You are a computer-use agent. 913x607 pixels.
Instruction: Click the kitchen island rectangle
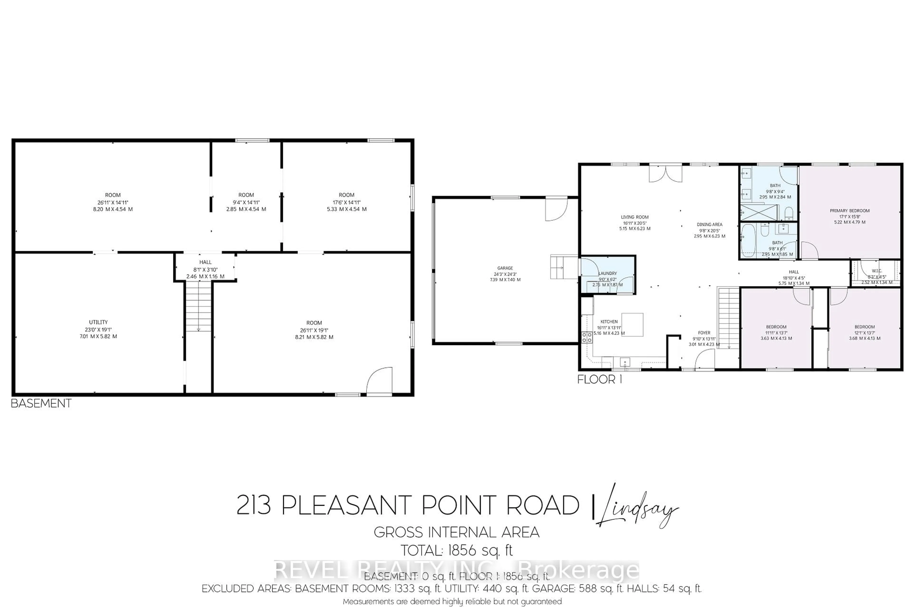tap(632, 324)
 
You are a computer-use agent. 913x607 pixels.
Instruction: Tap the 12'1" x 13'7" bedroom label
tap(864, 332)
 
